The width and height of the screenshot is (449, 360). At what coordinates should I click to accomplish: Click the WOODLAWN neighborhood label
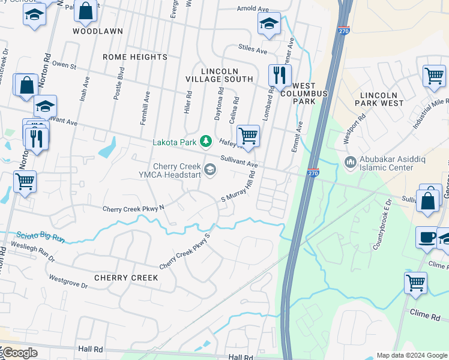coord(98,31)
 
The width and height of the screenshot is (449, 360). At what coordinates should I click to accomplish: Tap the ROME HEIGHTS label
coord(135,57)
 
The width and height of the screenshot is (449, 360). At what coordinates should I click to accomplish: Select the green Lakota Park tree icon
coord(206,142)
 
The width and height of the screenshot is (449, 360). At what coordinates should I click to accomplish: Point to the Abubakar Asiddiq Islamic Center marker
coord(350,162)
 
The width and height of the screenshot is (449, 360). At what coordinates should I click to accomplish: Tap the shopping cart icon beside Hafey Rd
coord(248,136)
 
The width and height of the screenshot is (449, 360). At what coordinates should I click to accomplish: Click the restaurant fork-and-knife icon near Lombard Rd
coord(279,75)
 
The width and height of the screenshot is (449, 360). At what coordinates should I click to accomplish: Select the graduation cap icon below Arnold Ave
coord(270,24)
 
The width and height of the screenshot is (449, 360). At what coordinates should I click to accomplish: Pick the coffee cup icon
coord(426,237)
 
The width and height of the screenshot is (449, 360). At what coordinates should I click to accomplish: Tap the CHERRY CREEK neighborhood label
coord(126,278)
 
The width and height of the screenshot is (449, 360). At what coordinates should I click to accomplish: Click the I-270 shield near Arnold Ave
coord(343,30)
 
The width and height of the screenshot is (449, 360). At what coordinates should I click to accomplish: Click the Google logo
coord(19,353)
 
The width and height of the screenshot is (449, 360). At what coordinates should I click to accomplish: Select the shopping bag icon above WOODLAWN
coord(86,11)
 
